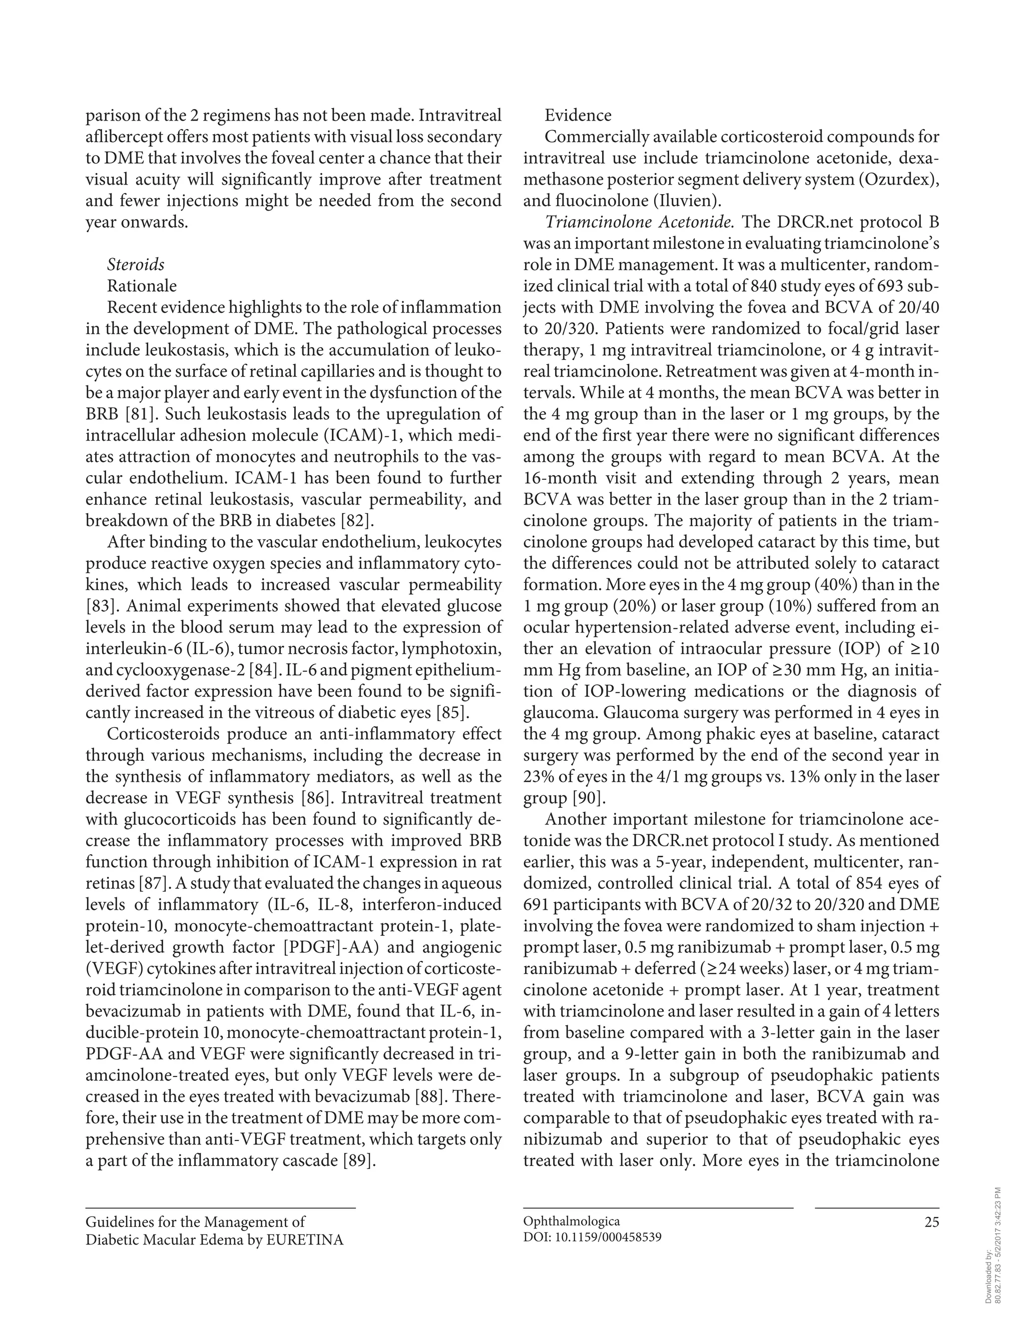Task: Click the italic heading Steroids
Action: click(x=136, y=265)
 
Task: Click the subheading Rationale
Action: click(x=142, y=286)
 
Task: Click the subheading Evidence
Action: click(x=578, y=115)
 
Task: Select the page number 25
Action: click(x=931, y=1221)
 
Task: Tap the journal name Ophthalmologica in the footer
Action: click(x=571, y=1221)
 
